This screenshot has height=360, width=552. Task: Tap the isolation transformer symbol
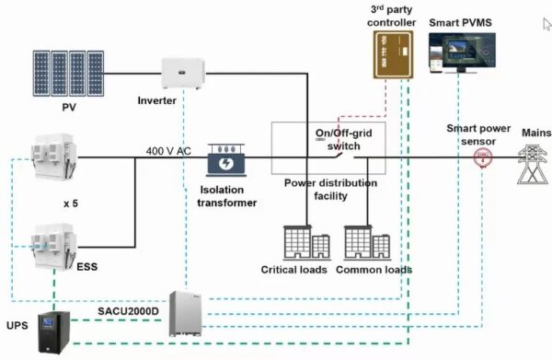pyautogui.click(x=225, y=162)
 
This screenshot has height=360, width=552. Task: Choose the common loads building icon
pyautogui.click(x=370, y=244)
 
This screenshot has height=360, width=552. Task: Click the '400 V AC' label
pyautogui.click(x=168, y=149)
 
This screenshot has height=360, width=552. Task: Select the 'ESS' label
pyautogui.click(x=86, y=268)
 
